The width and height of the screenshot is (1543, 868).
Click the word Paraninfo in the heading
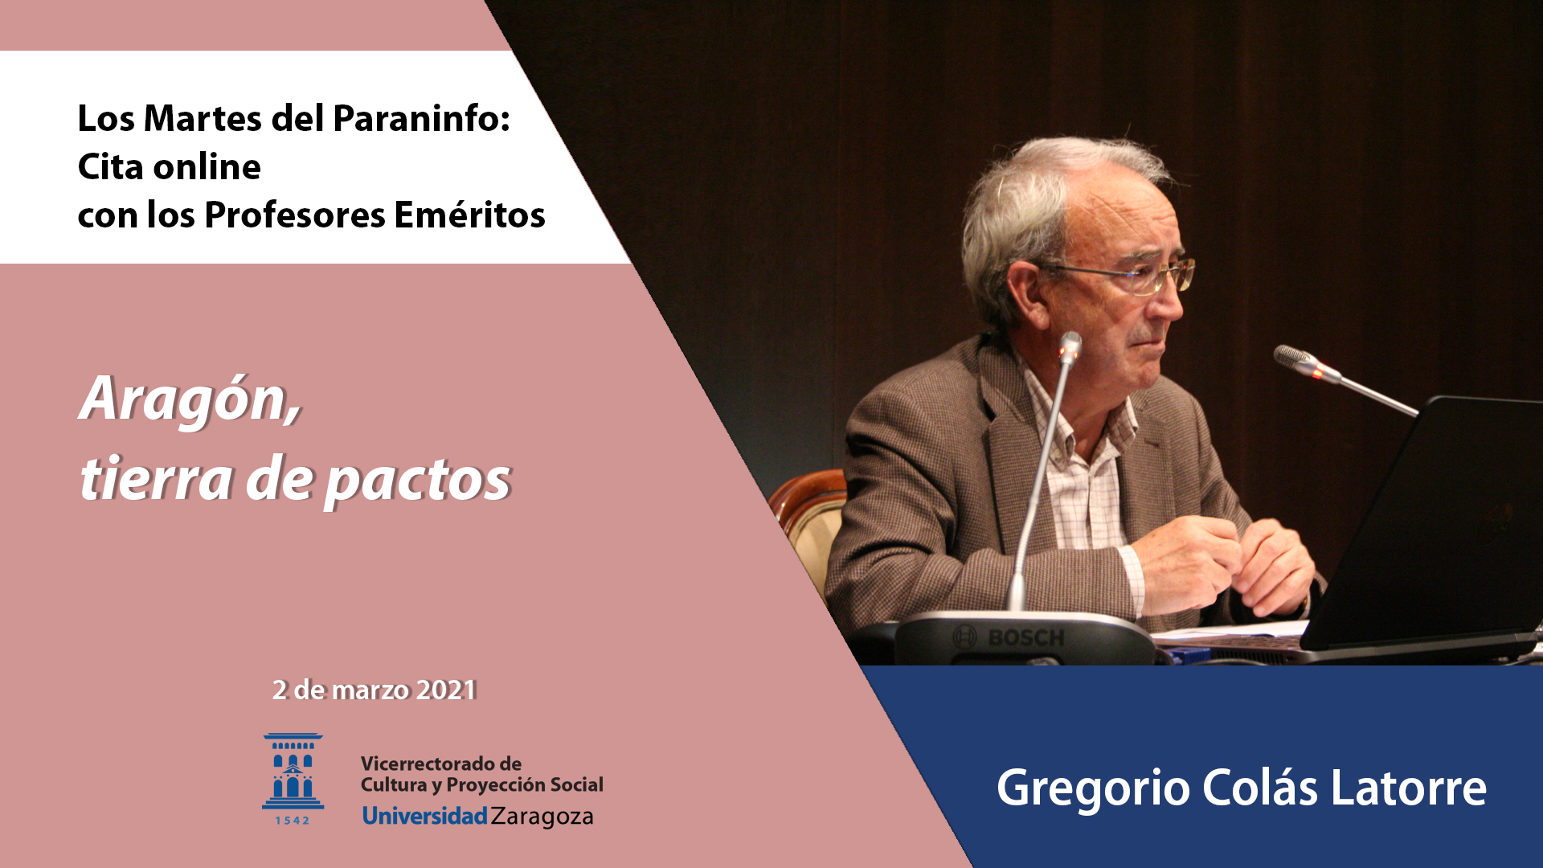pyautogui.click(x=421, y=119)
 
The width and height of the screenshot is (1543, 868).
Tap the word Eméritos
pyautogui.click(x=469, y=215)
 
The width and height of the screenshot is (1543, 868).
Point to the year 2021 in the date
pyautogui.click(x=447, y=690)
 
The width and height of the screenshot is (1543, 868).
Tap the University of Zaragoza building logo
pyautogui.click(x=293, y=771)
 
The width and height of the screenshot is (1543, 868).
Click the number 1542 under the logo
pyautogui.click(x=293, y=821)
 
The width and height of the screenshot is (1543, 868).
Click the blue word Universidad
pyautogui.click(x=424, y=816)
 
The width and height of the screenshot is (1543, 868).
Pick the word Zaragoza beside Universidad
pyautogui.click(x=542, y=817)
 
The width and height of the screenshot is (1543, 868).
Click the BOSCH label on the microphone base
pyautogui.click(x=1026, y=638)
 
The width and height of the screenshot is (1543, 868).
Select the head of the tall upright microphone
pyautogui.click(x=1070, y=346)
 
